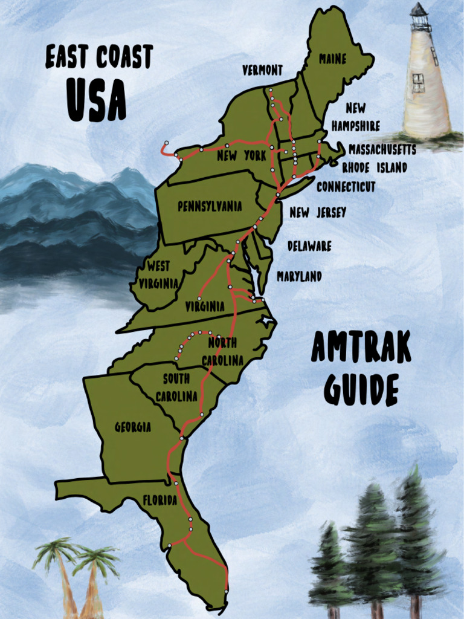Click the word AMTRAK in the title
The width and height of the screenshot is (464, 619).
pyautogui.click(x=361, y=348)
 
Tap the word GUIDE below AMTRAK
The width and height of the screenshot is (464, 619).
pyautogui.click(x=361, y=389)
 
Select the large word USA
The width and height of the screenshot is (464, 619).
pyautogui.click(x=96, y=99)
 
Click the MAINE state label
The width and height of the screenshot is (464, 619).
pyautogui.click(x=333, y=59)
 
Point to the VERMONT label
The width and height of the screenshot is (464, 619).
pyautogui.click(x=262, y=71)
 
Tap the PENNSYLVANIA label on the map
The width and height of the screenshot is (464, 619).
pyautogui.click(x=210, y=207)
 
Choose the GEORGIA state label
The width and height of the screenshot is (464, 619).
pyautogui.click(x=133, y=427)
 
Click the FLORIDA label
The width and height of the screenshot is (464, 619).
pyautogui.click(x=159, y=501)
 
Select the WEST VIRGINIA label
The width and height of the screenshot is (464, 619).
pyautogui.click(x=158, y=274)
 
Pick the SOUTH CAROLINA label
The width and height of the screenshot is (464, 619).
pyautogui.click(x=176, y=387)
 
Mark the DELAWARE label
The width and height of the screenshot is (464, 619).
pyautogui.click(x=309, y=246)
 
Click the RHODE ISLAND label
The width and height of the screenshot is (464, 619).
pyautogui.click(x=375, y=167)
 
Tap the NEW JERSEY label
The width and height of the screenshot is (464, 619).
pyautogui.click(x=318, y=213)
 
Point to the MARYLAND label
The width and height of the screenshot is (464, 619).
pyautogui.click(x=299, y=276)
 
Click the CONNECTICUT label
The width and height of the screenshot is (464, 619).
pyautogui.click(x=346, y=187)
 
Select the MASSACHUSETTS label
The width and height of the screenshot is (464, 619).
pyautogui.click(x=382, y=149)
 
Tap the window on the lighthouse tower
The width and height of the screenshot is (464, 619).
pyautogui.click(x=418, y=82)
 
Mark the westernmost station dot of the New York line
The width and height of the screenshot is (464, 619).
pyautogui.click(x=167, y=143)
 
